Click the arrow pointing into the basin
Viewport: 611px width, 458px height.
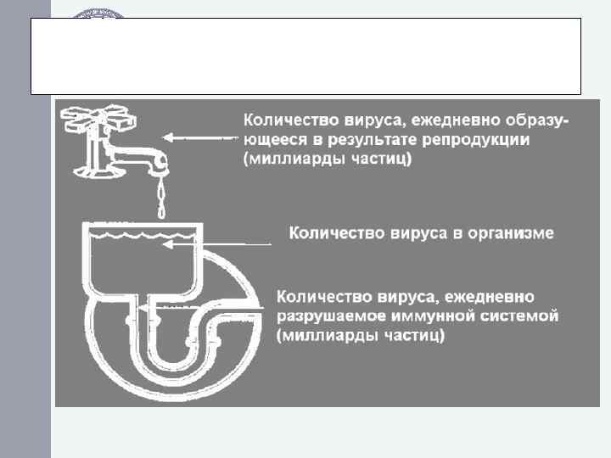tap(216, 244)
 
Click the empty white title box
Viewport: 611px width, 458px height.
tap(305, 55)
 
